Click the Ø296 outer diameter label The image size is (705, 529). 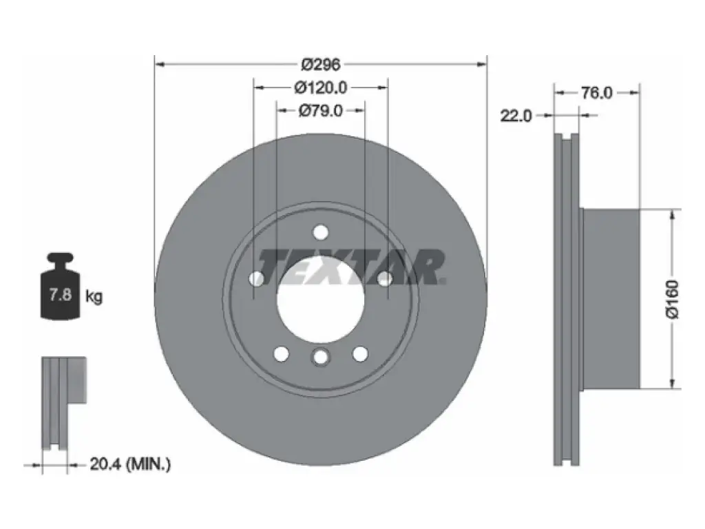click(321, 65)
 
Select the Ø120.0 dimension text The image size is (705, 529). click(321, 87)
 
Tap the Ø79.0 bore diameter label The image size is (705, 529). click(321, 111)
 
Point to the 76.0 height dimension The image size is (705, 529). click(597, 93)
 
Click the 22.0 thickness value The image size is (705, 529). click(516, 116)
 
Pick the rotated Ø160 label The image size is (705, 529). click(672, 299)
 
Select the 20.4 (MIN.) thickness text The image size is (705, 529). click(130, 464)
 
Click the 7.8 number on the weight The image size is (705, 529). click(61, 295)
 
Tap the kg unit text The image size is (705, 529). click(94, 296)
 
